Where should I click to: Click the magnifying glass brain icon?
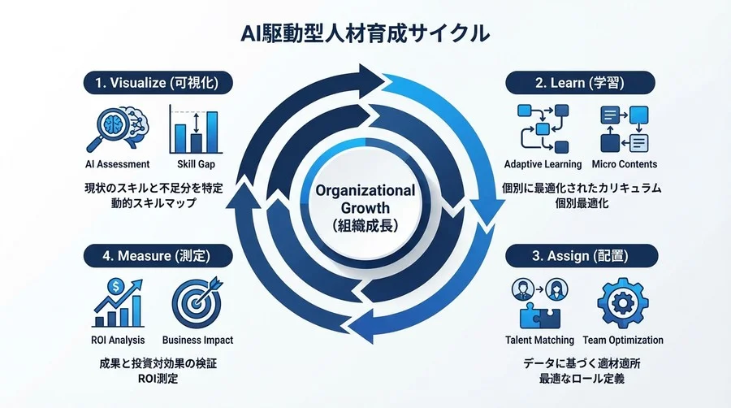coord(117,128)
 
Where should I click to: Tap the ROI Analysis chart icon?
coord(118,303)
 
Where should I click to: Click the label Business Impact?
coord(197,340)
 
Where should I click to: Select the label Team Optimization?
coord(625,340)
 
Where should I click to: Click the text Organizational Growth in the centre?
coord(365,198)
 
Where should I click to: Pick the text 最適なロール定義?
coord(577,378)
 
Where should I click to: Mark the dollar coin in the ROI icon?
coord(118,286)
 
